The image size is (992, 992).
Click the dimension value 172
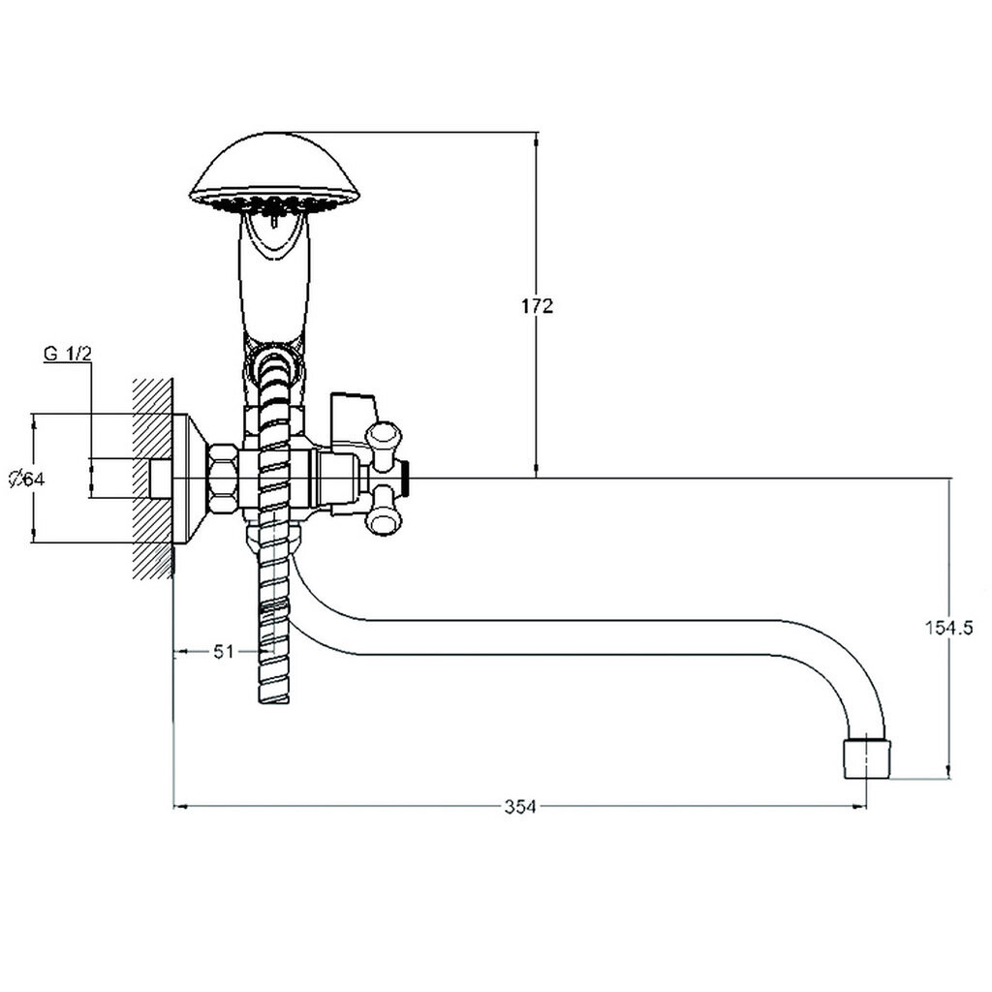coord(536,307)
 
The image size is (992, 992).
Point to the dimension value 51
coord(225,652)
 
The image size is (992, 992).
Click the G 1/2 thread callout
coord(67,355)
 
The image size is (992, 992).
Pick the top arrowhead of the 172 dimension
coord(536,135)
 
